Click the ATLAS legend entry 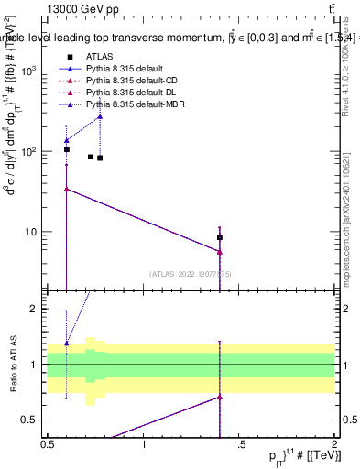point(100,57)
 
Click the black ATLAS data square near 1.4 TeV point(220,237)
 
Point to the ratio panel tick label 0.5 point(31,420)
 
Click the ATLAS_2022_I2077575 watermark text point(190,274)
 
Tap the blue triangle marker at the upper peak point(100,115)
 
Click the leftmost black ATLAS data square point(67,149)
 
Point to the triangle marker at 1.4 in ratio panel point(220,397)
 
